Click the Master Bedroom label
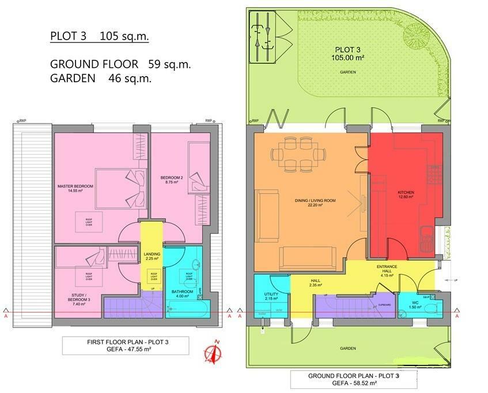click(x=75, y=188)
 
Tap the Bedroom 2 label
click(x=172, y=180)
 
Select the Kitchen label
click(x=406, y=194)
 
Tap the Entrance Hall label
click(x=385, y=270)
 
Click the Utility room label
click(x=271, y=296)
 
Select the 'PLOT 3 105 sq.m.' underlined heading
click(x=99, y=37)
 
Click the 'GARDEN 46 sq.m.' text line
click(x=101, y=78)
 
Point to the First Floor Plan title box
click(x=126, y=345)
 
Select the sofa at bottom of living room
click(x=307, y=257)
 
